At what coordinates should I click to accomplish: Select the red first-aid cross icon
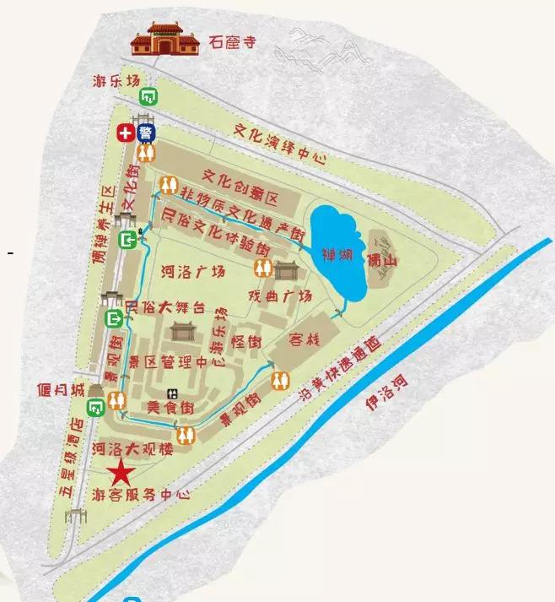coord(127,133)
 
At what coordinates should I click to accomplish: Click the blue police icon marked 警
coord(146,133)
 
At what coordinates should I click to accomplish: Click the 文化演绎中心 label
coord(278,144)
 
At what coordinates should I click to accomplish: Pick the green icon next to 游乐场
coord(148,95)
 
